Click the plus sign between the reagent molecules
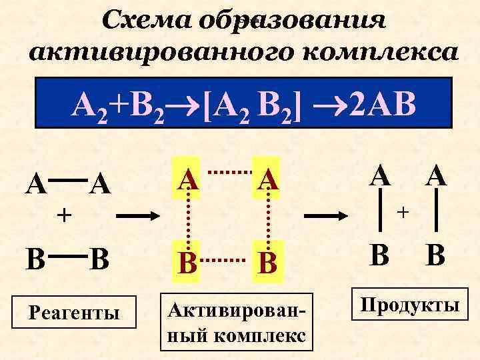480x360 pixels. coord(63,215)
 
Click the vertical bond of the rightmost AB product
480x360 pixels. coord(437,212)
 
